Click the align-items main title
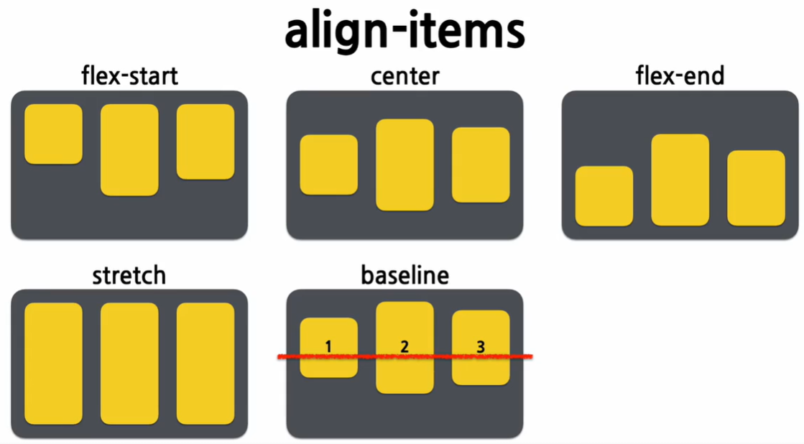point(405,32)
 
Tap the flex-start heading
point(129,76)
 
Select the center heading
point(405,76)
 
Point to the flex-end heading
point(680,76)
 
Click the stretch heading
point(129,275)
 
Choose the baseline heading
point(405,275)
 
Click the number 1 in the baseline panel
point(328,346)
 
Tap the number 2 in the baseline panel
point(405,346)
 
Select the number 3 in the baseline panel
point(481,346)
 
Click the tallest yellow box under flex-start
point(129,149)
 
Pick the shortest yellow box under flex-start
point(53,134)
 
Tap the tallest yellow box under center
point(405,165)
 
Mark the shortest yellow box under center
point(328,165)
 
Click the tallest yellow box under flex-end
point(680,180)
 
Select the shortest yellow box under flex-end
point(604,195)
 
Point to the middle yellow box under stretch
point(129,364)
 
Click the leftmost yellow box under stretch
point(53,364)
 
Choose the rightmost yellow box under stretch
point(205,364)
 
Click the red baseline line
point(431,356)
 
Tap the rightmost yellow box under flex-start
point(205,142)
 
